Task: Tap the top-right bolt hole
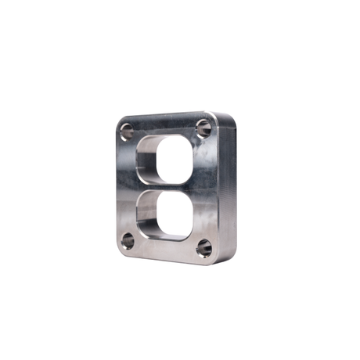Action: [203, 127]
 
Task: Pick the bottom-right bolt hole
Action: [203, 249]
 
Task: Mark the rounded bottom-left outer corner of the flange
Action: [120, 250]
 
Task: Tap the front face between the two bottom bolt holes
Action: [164, 249]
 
